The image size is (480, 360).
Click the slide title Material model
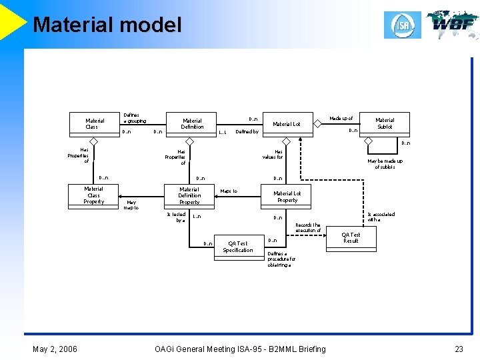point(107,25)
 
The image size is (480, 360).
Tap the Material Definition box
point(192,124)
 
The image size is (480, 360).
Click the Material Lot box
point(287,124)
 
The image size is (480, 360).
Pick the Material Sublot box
point(385,123)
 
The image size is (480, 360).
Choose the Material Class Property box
point(94,195)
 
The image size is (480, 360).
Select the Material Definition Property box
point(189,196)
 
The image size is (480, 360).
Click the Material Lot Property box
point(287,196)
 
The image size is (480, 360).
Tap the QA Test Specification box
point(238,247)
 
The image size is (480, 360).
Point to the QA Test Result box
point(351,238)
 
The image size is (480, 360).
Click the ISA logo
point(402,25)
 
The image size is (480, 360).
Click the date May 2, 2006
point(55,349)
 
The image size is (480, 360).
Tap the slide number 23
point(458,349)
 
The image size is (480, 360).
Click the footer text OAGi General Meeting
point(240,349)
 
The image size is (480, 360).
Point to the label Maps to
point(229,191)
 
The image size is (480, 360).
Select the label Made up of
point(341,119)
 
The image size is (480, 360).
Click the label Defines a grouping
point(135,118)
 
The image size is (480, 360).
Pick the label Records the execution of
point(307,228)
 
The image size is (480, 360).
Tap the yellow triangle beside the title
point(12,20)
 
